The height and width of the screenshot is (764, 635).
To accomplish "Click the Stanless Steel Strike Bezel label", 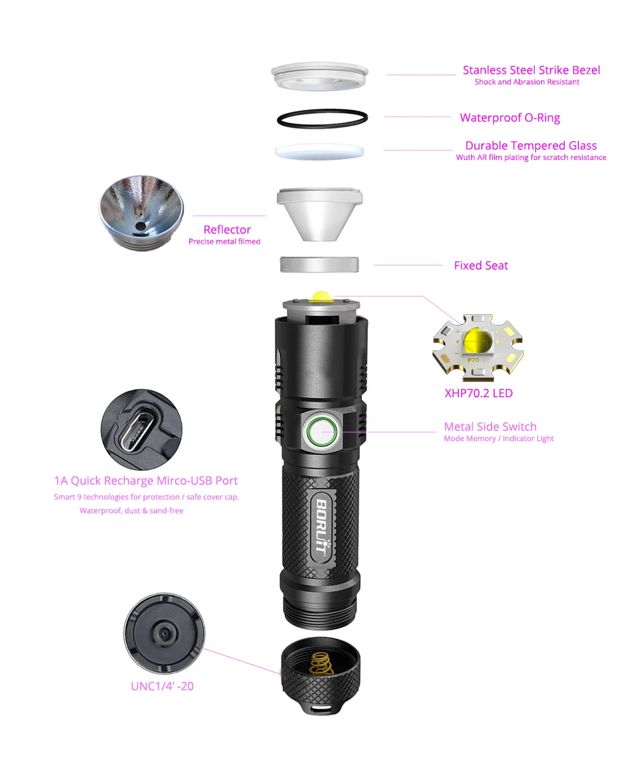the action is point(531,70).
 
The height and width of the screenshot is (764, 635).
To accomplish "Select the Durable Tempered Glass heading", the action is point(531,146).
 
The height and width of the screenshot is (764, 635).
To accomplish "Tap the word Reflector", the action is point(227,230).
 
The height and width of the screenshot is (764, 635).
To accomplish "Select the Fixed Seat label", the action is point(481,265).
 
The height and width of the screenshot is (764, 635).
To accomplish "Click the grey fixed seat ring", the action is point(319,265).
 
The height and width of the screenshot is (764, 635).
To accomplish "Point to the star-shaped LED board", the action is point(479,348).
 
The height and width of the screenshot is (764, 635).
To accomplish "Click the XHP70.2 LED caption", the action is point(478,393).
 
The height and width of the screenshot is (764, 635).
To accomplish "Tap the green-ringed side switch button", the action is point(321,432).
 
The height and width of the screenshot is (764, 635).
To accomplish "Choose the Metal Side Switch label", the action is point(490,427).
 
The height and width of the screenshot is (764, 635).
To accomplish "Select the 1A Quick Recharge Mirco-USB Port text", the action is point(146,481).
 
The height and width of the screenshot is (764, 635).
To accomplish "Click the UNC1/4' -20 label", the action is point(162,686).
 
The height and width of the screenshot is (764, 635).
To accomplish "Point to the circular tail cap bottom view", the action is point(164,632).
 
